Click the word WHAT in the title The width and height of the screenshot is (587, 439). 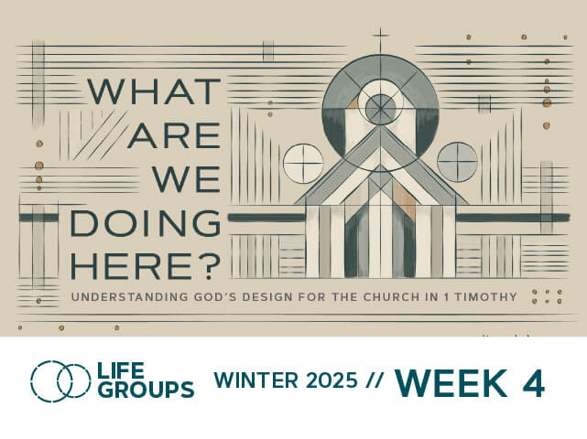[154, 91]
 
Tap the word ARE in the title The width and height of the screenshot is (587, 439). [174, 134]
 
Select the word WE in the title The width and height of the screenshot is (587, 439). [186, 178]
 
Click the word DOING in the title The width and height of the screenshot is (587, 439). [146, 223]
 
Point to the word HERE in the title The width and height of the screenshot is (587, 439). [131, 266]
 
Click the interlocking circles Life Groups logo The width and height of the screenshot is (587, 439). [60, 381]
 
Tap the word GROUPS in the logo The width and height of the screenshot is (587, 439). [147, 390]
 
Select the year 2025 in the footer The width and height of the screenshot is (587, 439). [332, 380]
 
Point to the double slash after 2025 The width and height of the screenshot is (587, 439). [374, 380]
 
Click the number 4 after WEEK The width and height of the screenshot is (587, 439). [534, 383]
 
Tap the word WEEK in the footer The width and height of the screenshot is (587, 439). [451, 383]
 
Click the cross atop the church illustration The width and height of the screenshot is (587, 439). [380, 37]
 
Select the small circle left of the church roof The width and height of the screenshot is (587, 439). [303, 164]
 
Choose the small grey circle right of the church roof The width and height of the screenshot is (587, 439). [458, 162]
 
